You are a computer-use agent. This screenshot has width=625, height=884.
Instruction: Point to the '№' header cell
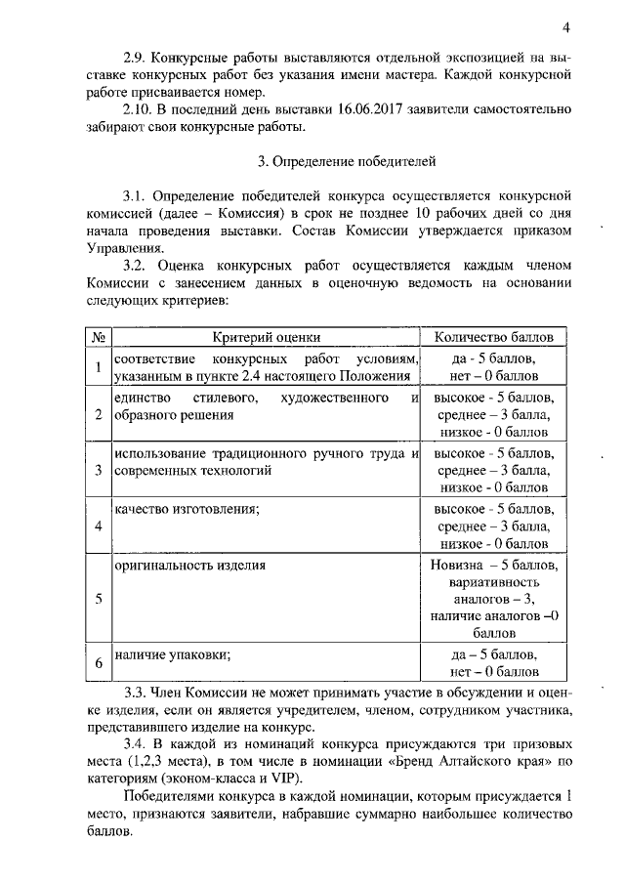(99, 337)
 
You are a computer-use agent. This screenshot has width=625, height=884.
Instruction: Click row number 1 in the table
(99, 367)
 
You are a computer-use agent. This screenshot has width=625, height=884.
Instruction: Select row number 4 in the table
(99, 526)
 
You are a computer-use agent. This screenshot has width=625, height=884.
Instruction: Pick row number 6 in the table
(99, 664)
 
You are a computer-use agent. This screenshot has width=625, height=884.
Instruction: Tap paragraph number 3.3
(134, 693)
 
